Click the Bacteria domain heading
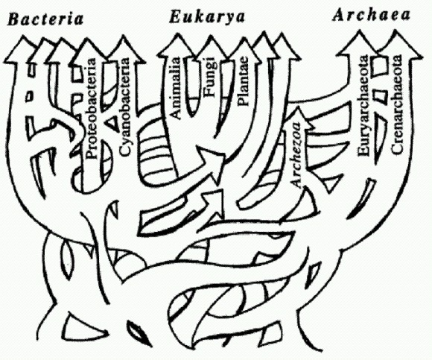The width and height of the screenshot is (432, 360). (45, 19)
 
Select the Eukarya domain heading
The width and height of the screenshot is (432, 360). (207, 17)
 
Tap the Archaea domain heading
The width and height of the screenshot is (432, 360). (372, 15)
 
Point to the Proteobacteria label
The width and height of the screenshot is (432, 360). (92, 108)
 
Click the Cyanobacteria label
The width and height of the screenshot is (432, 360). (124, 107)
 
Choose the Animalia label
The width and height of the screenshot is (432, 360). (175, 87)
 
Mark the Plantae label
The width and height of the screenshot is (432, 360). (243, 81)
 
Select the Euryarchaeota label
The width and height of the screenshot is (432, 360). (363, 106)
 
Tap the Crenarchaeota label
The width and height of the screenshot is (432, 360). (396, 104)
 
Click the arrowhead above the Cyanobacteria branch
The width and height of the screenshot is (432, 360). (124, 49)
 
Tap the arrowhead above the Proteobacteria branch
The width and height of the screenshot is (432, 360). (89, 52)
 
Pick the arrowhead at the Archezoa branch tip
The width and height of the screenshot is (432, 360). (298, 118)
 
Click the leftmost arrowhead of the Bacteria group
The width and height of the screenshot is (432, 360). (21, 49)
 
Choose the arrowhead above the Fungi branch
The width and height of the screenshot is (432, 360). (211, 50)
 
